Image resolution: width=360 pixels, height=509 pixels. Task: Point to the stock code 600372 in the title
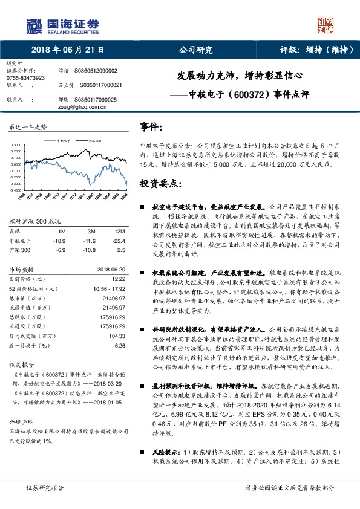click(x=244, y=95)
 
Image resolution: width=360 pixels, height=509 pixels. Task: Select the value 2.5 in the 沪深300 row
click(x=120, y=249)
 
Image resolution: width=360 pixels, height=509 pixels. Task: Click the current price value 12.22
click(x=119, y=279)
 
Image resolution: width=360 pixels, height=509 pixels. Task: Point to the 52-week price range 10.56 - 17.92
click(x=108, y=288)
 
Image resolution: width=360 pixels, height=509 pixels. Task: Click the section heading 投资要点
click(x=160, y=183)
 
